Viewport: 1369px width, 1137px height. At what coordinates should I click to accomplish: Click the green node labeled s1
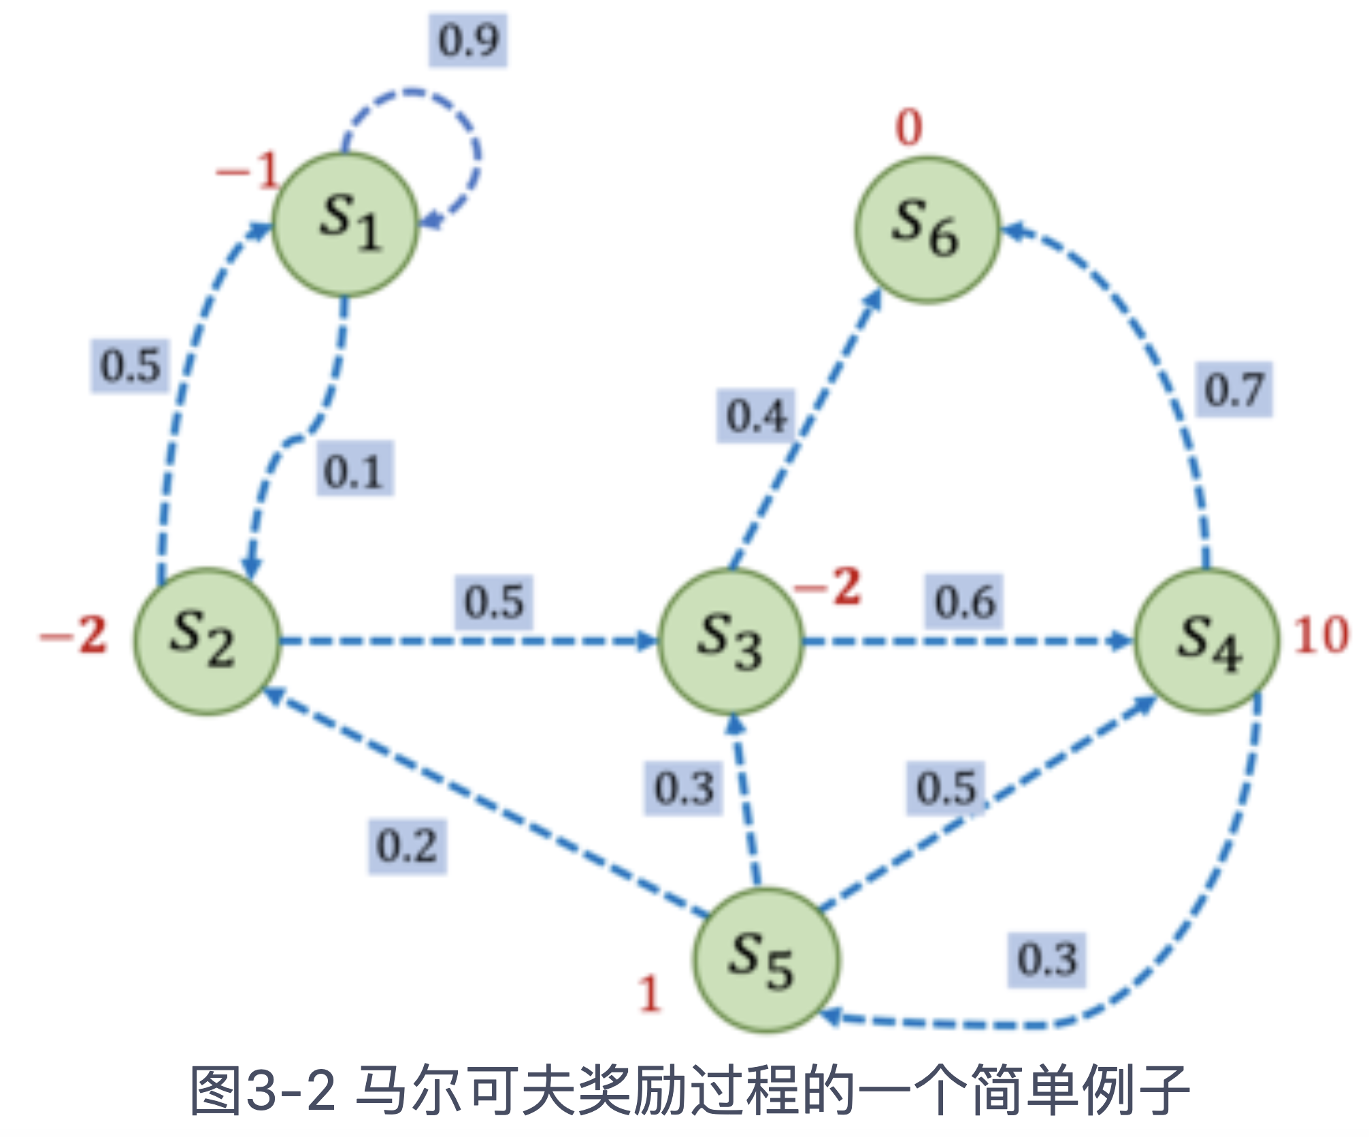click(345, 224)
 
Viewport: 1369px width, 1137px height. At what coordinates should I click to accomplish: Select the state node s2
click(207, 641)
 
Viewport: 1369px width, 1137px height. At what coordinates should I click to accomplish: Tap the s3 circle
click(731, 641)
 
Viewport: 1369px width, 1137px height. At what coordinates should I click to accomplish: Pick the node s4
click(1206, 641)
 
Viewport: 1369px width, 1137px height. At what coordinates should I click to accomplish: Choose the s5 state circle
click(766, 960)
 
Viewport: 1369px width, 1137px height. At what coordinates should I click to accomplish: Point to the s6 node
click(927, 229)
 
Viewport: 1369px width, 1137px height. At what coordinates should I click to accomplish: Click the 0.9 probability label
click(468, 40)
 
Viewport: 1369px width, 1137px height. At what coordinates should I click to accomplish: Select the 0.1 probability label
click(354, 469)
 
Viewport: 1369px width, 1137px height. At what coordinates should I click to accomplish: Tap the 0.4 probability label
click(756, 415)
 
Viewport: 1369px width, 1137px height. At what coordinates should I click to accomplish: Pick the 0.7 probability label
click(1234, 390)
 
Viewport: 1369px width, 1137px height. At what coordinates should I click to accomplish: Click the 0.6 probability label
click(964, 602)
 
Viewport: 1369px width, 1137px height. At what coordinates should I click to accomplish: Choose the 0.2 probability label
click(407, 846)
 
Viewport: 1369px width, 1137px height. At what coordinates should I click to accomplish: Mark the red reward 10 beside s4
click(1321, 636)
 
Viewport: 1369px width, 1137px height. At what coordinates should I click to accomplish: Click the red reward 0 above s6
click(909, 127)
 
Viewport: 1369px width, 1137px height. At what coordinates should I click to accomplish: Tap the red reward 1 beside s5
click(650, 994)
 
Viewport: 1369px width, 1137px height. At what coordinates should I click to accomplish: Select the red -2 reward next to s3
click(829, 586)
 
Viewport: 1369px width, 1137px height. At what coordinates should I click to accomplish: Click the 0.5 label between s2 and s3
click(494, 602)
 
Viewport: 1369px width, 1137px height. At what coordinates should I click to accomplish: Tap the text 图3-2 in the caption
click(263, 1090)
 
